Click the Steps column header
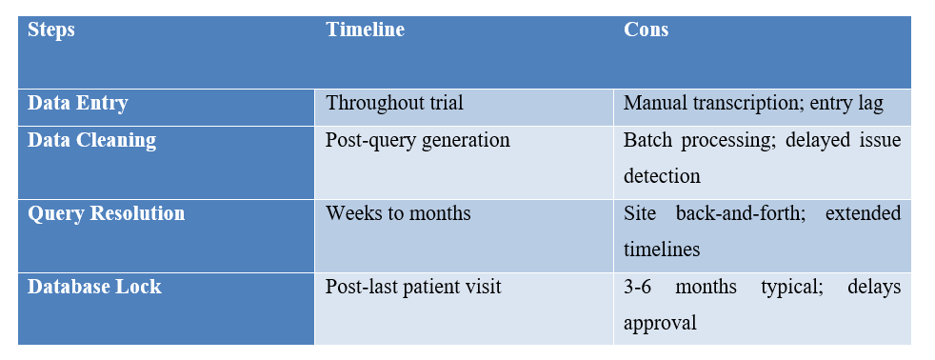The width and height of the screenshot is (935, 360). point(51,30)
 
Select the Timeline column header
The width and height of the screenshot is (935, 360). point(365,30)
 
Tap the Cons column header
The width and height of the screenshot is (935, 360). point(646,30)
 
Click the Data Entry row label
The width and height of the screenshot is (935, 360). point(78,104)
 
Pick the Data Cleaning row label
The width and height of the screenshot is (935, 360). point(91,140)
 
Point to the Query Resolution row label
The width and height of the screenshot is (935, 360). point(107,213)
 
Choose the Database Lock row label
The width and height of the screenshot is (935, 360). point(94,286)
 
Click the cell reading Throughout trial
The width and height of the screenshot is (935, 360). point(394,104)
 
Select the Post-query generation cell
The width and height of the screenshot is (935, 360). point(417,140)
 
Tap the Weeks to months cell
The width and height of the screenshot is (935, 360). point(398,213)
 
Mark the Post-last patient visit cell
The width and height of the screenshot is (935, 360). point(413,286)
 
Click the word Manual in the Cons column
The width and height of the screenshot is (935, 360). point(652,104)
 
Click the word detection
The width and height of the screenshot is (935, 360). point(662,176)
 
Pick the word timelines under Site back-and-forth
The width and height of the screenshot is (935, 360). point(662,250)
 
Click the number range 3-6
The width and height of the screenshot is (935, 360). point(640,286)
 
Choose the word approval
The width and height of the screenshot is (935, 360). point(660,322)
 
